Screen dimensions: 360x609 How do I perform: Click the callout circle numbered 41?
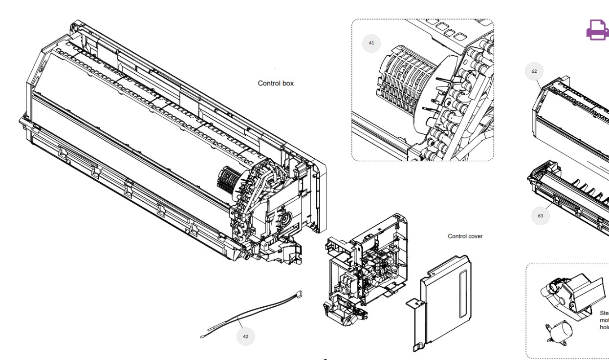tap(371, 43)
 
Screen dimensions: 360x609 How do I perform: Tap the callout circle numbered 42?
tap(245, 336)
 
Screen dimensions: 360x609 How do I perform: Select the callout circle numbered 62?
tap(534, 71)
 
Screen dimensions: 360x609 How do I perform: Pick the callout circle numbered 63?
tap(540, 215)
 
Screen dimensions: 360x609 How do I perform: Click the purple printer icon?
tap(597, 30)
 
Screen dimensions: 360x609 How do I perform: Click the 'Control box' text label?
tap(276, 84)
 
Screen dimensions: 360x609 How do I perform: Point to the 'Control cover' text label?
tap(465, 236)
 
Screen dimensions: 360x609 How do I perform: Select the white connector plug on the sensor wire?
tap(299, 295)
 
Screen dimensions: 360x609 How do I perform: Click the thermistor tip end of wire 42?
tap(203, 336)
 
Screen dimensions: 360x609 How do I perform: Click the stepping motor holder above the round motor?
tap(567, 293)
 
